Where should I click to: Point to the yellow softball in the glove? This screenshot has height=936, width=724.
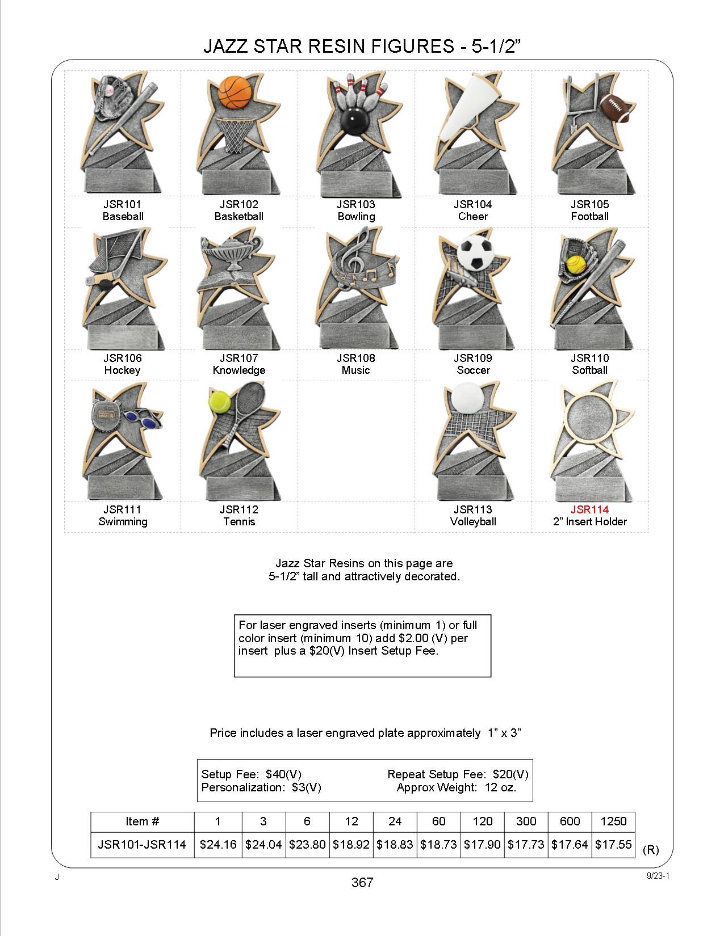[x=577, y=264]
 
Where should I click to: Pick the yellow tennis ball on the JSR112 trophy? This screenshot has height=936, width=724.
[x=220, y=402]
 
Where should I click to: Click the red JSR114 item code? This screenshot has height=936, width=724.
[x=589, y=509]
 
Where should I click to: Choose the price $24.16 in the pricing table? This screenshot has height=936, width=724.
[x=218, y=844]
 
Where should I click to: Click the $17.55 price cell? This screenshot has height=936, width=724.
[x=613, y=844]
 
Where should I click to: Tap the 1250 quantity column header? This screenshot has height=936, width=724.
[x=613, y=821]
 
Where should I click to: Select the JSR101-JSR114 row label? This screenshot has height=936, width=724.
[x=142, y=844]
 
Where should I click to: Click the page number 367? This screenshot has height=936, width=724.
[x=362, y=883]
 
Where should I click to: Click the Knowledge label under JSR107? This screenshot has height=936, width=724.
[x=239, y=370]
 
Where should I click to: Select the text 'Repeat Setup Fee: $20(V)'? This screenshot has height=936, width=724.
[x=458, y=774]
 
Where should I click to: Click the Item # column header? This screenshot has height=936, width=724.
[x=143, y=821]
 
